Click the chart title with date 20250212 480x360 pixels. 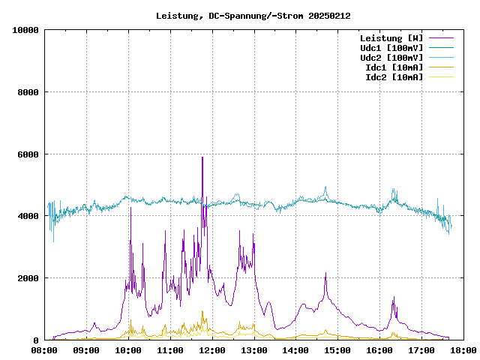click(253, 16)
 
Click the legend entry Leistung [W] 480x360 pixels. click(391, 38)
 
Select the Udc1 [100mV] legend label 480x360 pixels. click(391, 48)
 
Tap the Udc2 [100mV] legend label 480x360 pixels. click(391, 58)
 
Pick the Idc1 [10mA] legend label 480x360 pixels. click(393, 67)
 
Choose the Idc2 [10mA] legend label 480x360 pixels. click(393, 77)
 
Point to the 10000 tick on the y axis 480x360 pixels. click(25, 30)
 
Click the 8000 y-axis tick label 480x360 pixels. click(28, 92)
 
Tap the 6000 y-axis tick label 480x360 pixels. click(28, 154)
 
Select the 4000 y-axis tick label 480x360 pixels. click(28, 216)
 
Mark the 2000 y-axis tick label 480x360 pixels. click(28, 278)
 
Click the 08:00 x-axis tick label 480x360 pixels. click(45, 350)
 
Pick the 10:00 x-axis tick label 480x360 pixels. click(129, 350)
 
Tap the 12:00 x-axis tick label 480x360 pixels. click(212, 350)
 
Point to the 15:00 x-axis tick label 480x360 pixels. click(337, 350)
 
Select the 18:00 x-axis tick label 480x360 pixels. click(463, 350)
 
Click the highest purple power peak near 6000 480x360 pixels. click(202, 157)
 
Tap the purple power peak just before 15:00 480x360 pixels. click(325, 274)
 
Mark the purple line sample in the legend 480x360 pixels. click(440, 38)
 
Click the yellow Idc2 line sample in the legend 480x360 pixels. click(440, 77)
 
